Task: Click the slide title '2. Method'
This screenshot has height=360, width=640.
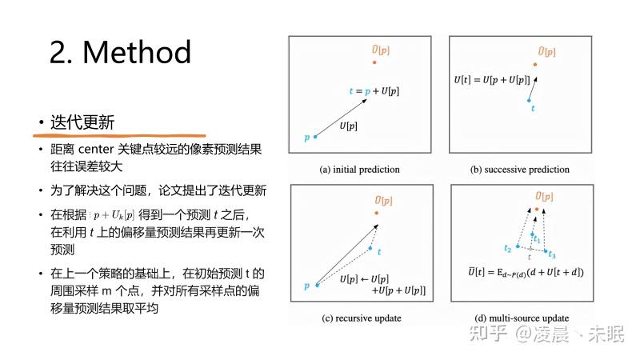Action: pyautogui.click(x=121, y=52)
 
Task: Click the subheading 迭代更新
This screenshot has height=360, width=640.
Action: pyautogui.click(x=82, y=122)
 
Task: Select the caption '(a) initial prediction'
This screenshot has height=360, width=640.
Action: pyautogui.click(x=359, y=170)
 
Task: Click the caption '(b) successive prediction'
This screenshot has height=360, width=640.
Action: pyautogui.click(x=519, y=170)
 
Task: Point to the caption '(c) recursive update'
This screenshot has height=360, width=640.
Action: pyautogui.click(x=362, y=318)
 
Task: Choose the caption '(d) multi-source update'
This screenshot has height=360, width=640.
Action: pyautogui.click(x=522, y=318)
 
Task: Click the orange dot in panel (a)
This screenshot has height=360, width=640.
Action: pyautogui.click(x=374, y=62)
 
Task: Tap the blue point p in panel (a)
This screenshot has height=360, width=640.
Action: pyautogui.click(x=315, y=137)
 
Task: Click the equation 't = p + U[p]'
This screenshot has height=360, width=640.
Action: pyautogui.click(x=374, y=91)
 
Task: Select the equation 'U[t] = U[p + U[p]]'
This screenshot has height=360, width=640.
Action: pyautogui.click(x=492, y=80)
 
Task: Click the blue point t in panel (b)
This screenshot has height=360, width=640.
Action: pyautogui.click(x=529, y=101)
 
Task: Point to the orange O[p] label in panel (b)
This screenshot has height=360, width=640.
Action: pyautogui.click(x=547, y=52)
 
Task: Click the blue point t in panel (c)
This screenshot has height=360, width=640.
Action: pyautogui.click(x=370, y=248)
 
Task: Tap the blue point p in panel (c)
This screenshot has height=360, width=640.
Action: pyautogui.click(x=317, y=285)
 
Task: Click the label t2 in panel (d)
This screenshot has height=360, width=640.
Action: pyautogui.click(x=507, y=248)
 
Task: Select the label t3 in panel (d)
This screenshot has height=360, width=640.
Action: pyautogui.click(x=552, y=254)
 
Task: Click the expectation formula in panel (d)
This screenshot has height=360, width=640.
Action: pyautogui.click(x=526, y=272)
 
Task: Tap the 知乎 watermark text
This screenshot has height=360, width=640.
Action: pyautogui.click(x=488, y=334)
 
